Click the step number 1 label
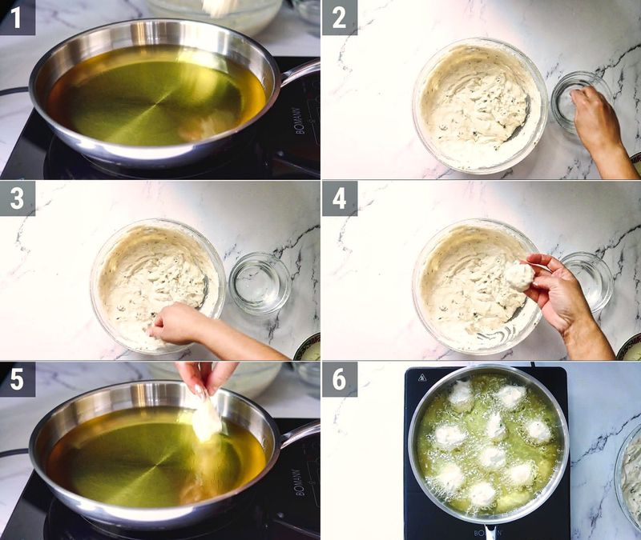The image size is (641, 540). (18, 18)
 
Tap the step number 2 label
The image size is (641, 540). (340, 18)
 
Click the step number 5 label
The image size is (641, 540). (18, 378)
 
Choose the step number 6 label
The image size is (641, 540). (340, 378)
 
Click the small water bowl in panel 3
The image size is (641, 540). (259, 283)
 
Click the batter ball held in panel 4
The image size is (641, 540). (518, 276)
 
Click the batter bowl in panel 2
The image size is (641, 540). (479, 104)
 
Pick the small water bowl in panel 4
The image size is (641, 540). (587, 282)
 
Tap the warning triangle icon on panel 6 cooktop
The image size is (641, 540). (421, 378)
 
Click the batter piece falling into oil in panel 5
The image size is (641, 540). (206, 420)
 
